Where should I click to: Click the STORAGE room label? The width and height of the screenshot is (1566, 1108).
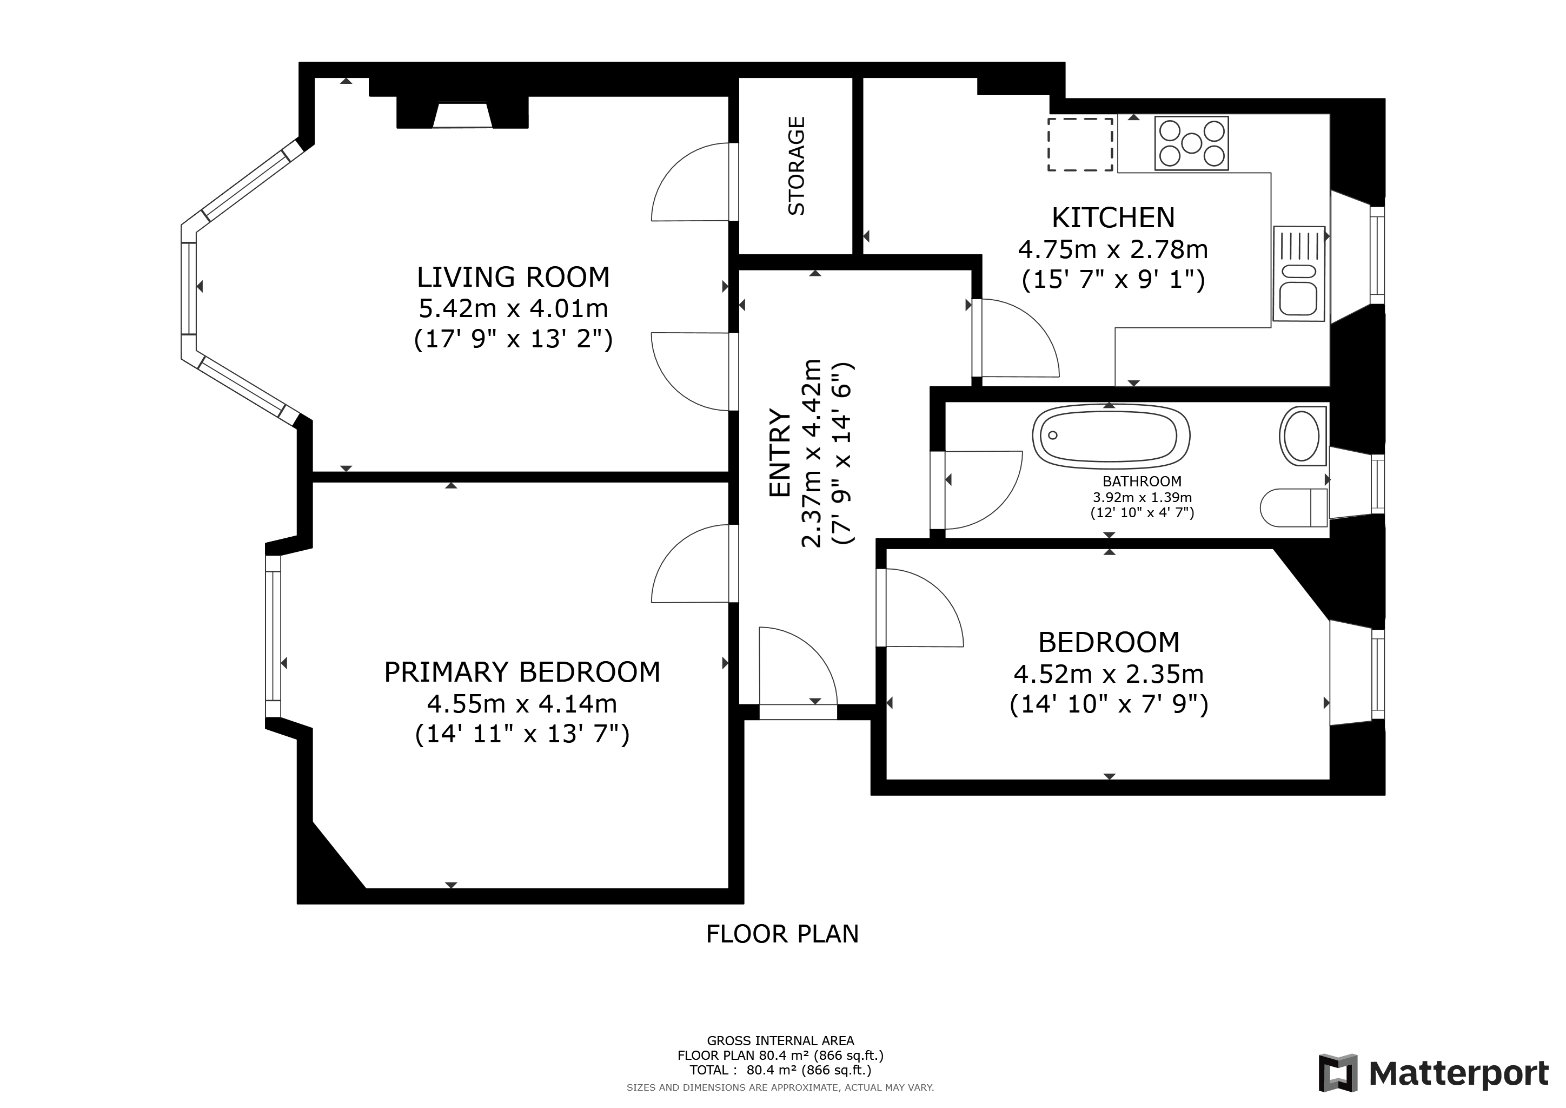click(796, 166)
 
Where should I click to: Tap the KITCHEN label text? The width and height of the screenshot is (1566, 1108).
click(1113, 217)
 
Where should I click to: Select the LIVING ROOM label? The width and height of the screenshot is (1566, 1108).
click(513, 277)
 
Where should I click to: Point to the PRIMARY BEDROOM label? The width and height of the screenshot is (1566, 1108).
click(522, 672)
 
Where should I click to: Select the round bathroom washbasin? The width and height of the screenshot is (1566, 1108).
click(1302, 436)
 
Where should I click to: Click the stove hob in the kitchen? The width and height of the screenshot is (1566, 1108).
click(1192, 143)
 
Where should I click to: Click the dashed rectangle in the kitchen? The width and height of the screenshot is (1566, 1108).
click(1080, 144)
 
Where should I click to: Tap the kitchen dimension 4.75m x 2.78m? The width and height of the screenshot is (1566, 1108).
click(1113, 250)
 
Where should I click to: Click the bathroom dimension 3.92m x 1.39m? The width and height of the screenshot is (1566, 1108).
click(1143, 497)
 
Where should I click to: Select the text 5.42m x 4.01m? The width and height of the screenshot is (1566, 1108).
click(513, 308)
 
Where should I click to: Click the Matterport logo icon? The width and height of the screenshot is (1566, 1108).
click(1337, 1072)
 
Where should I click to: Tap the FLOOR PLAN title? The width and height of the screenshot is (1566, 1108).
click(782, 934)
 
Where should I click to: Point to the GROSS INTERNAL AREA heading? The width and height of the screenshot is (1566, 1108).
click(780, 1041)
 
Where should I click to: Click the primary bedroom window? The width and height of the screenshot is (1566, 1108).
click(273, 636)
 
